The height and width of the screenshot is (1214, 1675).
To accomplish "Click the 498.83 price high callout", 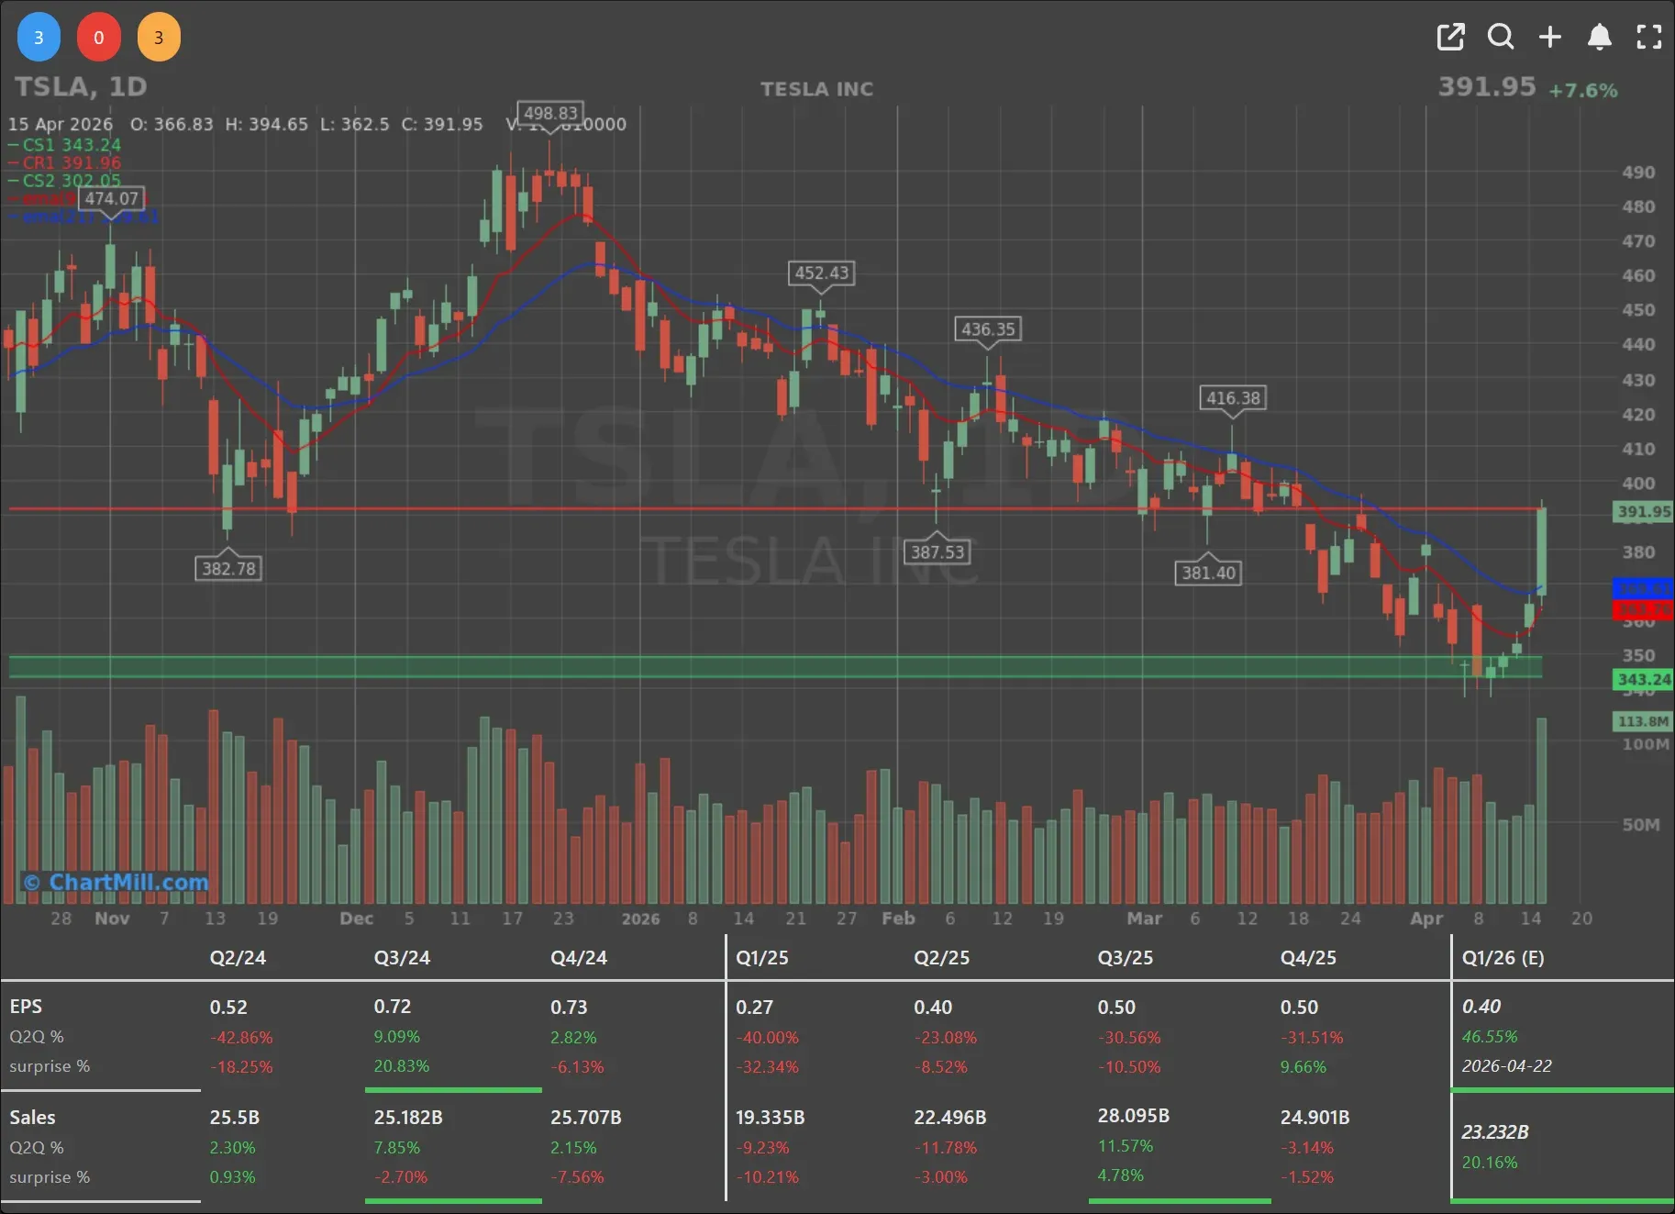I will [x=550, y=113].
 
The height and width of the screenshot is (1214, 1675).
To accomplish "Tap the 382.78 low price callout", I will [x=228, y=568].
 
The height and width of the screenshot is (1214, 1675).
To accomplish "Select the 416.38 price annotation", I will [x=1233, y=397].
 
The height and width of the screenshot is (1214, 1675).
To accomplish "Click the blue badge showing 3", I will [x=39, y=38].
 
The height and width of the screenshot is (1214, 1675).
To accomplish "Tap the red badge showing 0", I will [x=99, y=38].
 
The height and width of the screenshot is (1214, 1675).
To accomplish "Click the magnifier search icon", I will [x=1501, y=37].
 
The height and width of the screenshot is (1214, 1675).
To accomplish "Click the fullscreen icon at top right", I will [x=1649, y=37].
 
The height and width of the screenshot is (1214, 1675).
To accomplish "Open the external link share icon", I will [x=1450, y=37].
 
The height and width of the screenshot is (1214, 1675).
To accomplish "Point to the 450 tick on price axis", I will [x=1638, y=310].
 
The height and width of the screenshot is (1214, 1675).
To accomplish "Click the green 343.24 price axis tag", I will [x=1643, y=680].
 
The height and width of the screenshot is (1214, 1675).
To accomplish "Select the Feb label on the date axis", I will [x=898, y=919].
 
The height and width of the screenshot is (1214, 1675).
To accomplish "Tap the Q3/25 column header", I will [x=1125, y=958].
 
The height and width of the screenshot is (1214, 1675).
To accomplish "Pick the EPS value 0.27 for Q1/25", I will [x=754, y=1008].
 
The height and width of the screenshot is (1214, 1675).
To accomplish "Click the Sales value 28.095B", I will [x=1133, y=1116].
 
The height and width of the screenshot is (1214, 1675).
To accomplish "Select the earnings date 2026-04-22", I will [x=1506, y=1066].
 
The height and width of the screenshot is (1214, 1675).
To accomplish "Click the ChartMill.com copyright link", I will [x=116, y=882].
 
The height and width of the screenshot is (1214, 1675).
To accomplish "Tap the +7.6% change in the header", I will [x=1582, y=90].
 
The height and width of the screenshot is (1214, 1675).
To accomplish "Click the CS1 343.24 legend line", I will [x=66, y=145].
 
